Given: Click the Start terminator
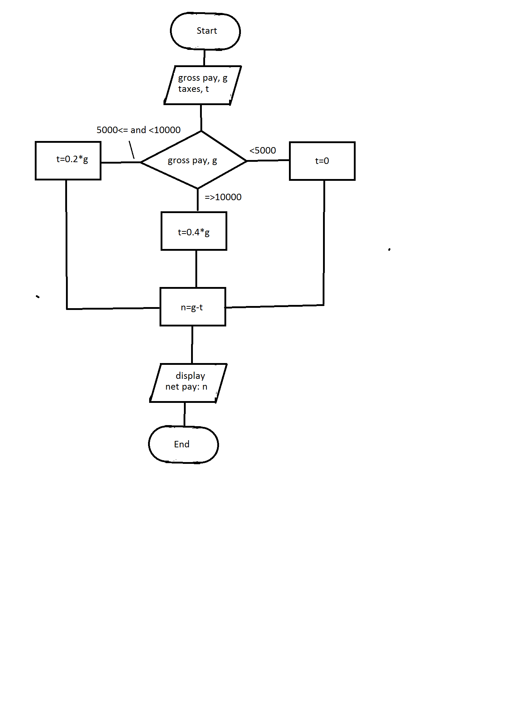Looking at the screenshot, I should [205, 31].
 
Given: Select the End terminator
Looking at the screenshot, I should [183, 444].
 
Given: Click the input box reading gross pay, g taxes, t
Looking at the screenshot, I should [203, 85].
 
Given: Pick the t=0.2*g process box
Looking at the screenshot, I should [68, 160].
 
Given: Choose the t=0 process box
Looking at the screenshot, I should [322, 161].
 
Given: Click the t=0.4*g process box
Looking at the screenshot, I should [194, 231].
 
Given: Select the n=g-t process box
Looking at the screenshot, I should [193, 307].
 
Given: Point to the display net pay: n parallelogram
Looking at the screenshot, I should [188, 382].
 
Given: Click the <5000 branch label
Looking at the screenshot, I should [263, 150].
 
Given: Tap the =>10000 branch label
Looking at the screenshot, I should [223, 197].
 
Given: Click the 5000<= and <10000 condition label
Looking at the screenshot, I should [138, 130].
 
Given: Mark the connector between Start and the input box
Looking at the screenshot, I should [204, 57].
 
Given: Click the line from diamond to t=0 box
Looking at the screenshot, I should [268, 160].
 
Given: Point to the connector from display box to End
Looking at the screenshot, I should [185, 414].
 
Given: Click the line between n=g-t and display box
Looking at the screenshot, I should [192, 344].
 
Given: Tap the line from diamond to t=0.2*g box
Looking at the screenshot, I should [121, 162].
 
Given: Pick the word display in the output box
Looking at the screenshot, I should [190, 376].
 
